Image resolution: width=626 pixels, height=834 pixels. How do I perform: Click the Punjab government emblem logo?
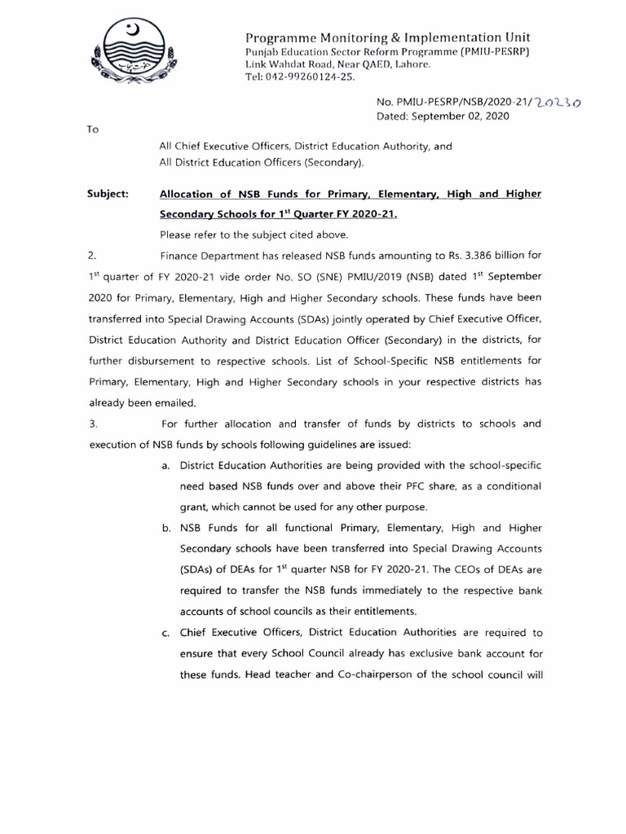click(x=138, y=56)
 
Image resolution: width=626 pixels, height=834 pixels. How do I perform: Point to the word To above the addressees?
click(x=92, y=130)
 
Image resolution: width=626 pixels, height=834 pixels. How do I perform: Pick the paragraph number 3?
click(x=91, y=424)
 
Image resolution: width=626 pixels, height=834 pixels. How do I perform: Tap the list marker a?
click(x=166, y=465)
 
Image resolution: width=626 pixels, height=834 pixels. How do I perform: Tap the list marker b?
click(x=166, y=528)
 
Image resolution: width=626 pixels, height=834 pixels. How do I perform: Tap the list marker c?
click(x=166, y=632)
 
